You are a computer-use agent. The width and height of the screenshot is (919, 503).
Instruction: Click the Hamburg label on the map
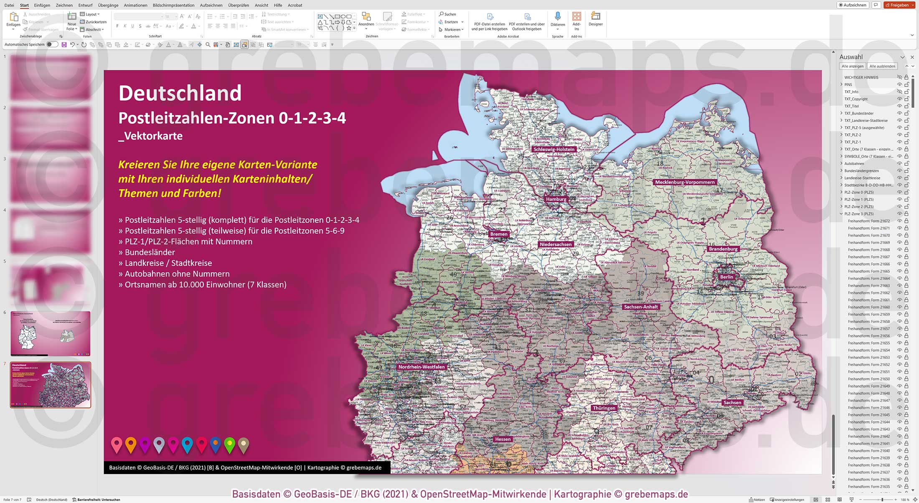click(556, 199)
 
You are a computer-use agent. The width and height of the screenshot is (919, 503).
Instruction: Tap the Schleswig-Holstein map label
click(554, 149)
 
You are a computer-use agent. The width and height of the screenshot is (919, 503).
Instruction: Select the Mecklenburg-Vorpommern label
click(685, 182)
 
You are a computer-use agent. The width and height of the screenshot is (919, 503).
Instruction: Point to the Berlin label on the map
click(726, 277)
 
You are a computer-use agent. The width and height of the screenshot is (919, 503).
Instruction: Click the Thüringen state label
click(604, 408)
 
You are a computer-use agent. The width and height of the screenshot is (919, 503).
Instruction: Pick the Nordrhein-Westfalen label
click(421, 367)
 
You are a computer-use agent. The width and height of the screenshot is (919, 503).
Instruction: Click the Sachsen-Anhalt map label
click(641, 307)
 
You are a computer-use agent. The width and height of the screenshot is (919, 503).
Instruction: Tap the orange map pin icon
click(131, 444)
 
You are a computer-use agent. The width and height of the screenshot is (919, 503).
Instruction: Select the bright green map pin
click(229, 444)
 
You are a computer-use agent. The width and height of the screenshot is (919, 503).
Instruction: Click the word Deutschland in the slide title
click(180, 93)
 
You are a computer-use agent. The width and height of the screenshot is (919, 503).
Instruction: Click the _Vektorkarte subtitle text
click(150, 136)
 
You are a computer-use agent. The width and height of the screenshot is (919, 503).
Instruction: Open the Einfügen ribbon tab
click(42, 5)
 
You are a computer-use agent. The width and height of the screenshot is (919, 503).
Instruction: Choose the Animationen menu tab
click(135, 5)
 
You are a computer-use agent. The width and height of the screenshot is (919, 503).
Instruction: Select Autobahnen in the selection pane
click(854, 163)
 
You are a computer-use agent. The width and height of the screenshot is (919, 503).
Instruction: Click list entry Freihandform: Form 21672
click(868, 221)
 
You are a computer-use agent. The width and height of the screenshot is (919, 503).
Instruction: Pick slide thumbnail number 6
click(50, 333)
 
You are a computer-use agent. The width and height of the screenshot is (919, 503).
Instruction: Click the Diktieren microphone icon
click(557, 17)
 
